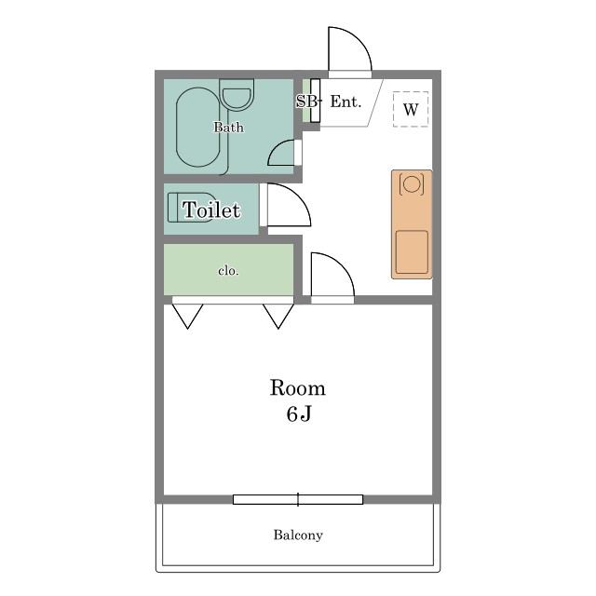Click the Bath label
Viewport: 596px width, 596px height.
229,127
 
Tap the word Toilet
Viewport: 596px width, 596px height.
211,210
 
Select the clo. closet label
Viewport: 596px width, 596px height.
228,271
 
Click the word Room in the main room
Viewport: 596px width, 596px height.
298,388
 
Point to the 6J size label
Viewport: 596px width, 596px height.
299,413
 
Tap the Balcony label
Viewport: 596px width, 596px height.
298,535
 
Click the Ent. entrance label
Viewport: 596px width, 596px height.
345,102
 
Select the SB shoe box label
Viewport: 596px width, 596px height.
306,102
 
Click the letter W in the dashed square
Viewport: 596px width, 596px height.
411,110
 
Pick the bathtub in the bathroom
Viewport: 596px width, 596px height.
198,128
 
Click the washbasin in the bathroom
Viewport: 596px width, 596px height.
237,95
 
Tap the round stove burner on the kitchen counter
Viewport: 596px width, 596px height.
411,184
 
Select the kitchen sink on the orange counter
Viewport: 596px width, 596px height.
412,252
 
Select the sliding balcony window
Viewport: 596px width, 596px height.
298,499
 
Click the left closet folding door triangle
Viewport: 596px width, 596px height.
188,317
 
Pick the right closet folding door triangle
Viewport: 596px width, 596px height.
278,317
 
